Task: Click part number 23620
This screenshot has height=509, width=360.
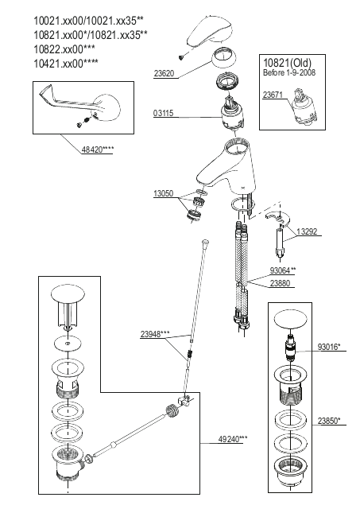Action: [164, 73]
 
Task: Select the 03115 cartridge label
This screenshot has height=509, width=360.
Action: [164, 113]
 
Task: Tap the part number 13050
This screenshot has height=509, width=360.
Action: [164, 193]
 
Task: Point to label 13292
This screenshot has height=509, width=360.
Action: [307, 231]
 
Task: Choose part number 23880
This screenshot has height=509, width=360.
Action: [281, 283]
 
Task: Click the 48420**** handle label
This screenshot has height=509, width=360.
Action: [98, 150]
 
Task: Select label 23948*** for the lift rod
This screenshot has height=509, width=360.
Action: [155, 334]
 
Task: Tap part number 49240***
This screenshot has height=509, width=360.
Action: [233, 439]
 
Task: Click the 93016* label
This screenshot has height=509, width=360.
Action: [329, 347]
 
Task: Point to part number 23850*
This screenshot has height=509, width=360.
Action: [329, 421]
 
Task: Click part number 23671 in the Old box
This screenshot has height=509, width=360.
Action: [273, 95]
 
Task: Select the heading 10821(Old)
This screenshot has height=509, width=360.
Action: [287, 63]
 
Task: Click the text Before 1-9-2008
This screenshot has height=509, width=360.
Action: [289, 72]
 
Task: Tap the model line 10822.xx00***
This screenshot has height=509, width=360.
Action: [64, 49]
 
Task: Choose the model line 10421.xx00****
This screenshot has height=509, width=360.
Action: [66, 63]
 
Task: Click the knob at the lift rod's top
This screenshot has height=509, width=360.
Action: [206, 242]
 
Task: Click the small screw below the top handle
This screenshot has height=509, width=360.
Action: [181, 58]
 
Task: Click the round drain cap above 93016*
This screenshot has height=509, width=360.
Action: [290, 320]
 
